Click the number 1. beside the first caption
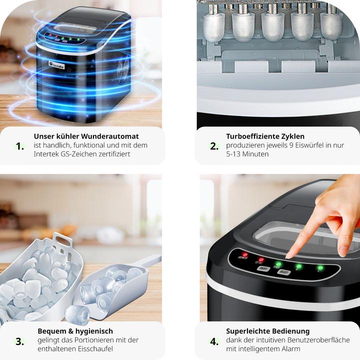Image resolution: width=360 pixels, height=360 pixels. tap(20, 146)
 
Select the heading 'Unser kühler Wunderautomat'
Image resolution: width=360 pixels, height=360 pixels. tap(86, 136)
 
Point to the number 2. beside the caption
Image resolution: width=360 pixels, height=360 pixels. tap(214, 146)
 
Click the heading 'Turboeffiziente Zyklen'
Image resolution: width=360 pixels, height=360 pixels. tap(265, 136)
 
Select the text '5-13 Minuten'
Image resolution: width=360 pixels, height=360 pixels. tap(247, 154)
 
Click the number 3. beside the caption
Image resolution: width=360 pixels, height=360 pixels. tap(20, 342)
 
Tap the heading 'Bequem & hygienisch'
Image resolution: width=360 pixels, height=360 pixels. tap(75, 331)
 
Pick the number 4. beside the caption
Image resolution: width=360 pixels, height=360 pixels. tap(214, 342)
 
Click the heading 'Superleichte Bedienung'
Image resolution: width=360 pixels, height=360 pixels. tap(267, 331)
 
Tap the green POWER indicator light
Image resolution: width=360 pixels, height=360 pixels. tap(278, 263)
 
